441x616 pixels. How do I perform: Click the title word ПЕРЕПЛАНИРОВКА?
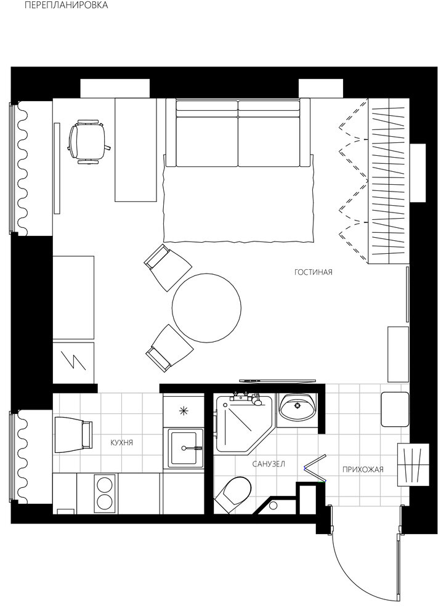pyautogui.click(x=66, y=6)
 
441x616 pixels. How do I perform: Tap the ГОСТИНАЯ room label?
pyautogui.click(x=313, y=272)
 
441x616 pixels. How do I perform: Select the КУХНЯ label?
pyautogui.click(x=122, y=443)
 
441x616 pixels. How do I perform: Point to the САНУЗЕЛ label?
pyautogui.click(x=269, y=464)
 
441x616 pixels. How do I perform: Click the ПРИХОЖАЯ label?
pyautogui.click(x=363, y=469)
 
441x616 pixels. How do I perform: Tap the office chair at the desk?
pyautogui.click(x=88, y=142)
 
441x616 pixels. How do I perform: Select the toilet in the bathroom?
pyautogui.click(x=232, y=495)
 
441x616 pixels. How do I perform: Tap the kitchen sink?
pyautogui.click(x=185, y=448)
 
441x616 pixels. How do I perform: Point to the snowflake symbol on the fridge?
pyautogui.click(x=183, y=411)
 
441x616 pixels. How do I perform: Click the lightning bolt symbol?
pyautogui.click(x=74, y=362)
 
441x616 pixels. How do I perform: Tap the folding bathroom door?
pyautogui.click(x=315, y=468)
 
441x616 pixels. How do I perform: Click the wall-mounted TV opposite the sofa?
pyautogui.click(x=278, y=381)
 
